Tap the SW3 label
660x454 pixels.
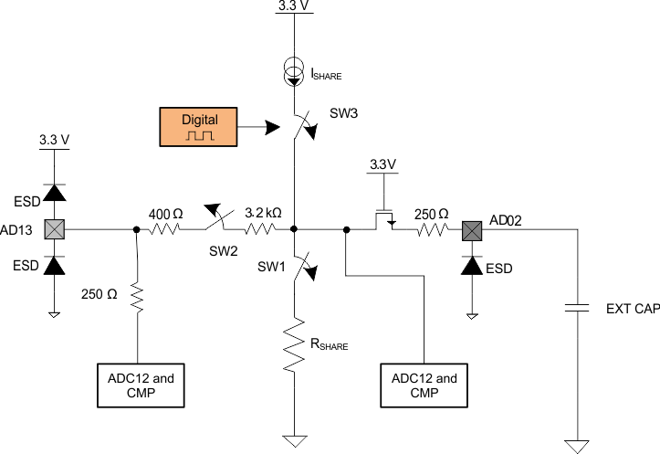click(x=344, y=114)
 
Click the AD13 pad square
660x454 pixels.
click(x=55, y=229)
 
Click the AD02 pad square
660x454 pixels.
click(x=472, y=229)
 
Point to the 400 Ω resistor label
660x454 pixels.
click(x=165, y=213)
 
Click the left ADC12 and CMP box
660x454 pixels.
click(x=138, y=385)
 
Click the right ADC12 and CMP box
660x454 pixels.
click(x=422, y=385)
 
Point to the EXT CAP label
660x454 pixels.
click(x=633, y=309)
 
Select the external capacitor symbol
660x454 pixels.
click(x=577, y=309)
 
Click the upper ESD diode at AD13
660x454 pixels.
click(x=55, y=192)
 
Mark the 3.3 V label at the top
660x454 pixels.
click(x=293, y=6)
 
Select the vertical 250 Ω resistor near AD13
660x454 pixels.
click(x=138, y=298)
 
